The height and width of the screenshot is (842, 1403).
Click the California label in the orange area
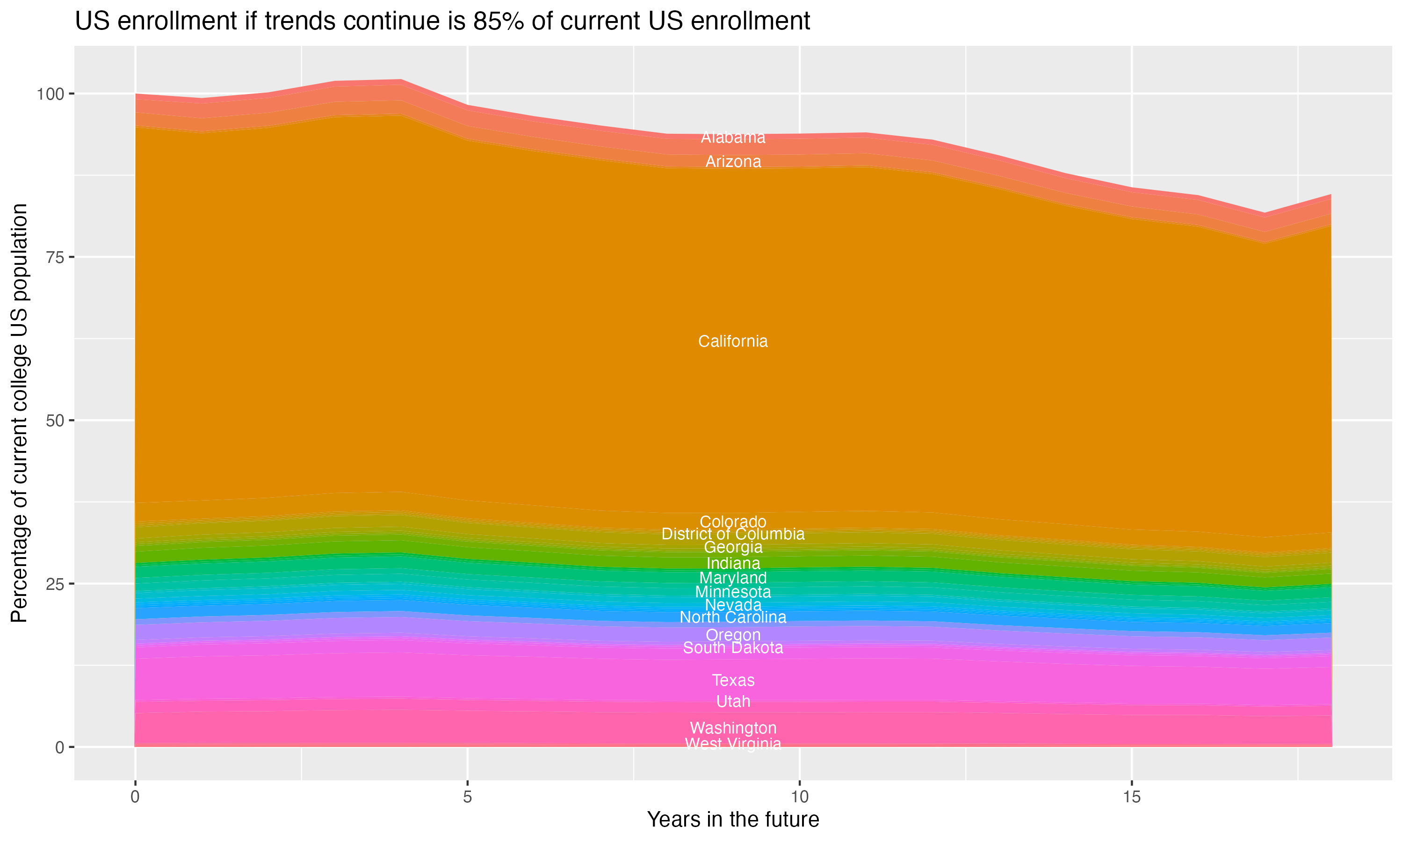[x=733, y=341]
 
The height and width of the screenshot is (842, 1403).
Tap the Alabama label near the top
[x=733, y=138]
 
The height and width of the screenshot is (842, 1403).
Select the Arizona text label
[x=733, y=162]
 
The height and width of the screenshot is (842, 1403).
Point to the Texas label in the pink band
[x=733, y=680]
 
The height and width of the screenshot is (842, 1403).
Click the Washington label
[x=733, y=728]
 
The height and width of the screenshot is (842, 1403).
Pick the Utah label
[x=733, y=702]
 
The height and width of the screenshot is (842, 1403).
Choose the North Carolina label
[x=733, y=617]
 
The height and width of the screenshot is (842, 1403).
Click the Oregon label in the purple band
[x=733, y=635]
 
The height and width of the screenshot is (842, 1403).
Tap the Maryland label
[x=733, y=578]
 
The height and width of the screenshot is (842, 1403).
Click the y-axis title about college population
[x=19, y=413]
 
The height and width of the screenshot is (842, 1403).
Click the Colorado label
[x=733, y=522]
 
